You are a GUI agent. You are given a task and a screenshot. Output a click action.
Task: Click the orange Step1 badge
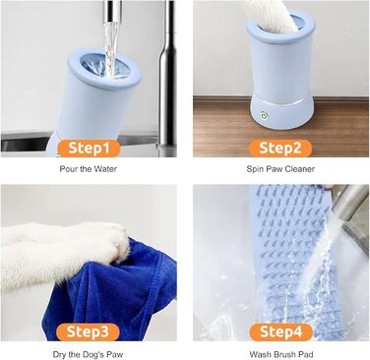point(89,149)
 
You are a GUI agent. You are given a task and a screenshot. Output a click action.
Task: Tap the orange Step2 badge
point(280,149)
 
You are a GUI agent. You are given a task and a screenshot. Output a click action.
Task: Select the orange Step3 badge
point(88,331)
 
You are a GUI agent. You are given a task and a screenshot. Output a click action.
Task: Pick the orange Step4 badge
point(281,331)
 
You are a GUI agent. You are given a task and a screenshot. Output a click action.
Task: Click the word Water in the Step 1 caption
point(105,169)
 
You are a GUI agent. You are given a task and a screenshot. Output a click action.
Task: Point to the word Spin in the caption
point(253,169)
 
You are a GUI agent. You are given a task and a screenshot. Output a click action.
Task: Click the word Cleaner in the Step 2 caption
point(300,169)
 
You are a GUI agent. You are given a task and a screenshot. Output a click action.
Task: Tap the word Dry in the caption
point(58,354)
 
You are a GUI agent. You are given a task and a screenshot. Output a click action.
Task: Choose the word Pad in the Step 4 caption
point(306,354)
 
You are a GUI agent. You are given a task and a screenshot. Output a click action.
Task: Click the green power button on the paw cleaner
point(264,115)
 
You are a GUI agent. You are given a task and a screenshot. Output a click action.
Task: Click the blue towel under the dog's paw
point(111,295)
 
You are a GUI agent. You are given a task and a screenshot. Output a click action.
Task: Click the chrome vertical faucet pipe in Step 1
point(168,76)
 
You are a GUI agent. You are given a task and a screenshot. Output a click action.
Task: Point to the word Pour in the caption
point(68,169)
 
